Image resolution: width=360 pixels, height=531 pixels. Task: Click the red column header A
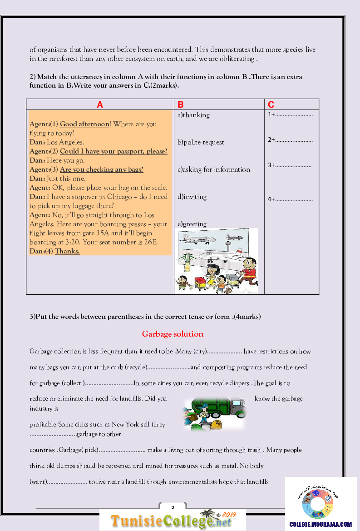coord(100,105)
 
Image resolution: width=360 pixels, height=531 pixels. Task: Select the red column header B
coord(180,105)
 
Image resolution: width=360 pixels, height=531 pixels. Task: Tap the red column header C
coord(271,105)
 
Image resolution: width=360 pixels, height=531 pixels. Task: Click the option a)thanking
coord(193,115)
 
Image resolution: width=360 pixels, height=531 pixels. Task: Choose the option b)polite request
coord(201,142)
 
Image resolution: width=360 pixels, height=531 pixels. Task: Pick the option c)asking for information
coord(214,169)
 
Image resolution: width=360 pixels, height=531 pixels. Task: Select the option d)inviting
coord(192,197)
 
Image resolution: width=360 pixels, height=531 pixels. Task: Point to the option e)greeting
coord(192,224)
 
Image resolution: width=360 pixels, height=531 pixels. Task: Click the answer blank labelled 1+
coord(290,115)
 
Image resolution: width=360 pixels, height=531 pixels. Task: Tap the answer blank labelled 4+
coord(290,199)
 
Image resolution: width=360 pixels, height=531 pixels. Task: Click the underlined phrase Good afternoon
coord(84,124)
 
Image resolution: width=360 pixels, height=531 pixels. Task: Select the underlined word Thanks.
coord(67,251)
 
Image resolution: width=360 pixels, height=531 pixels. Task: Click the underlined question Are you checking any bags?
coord(102,169)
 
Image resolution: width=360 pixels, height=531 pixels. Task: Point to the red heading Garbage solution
coord(173,334)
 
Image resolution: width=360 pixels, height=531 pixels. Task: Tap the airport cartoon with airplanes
coord(216,261)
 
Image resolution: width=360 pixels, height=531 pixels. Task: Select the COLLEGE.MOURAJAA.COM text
coord(321,524)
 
